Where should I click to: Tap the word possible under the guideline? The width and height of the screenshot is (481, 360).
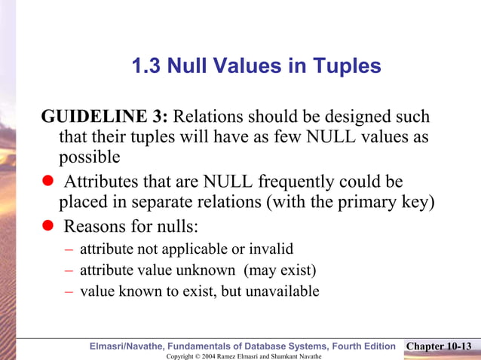pyautogui.click(x=90, y=157)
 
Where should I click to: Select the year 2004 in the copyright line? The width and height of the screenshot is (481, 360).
pyautogui.click(x=208, y=355)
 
